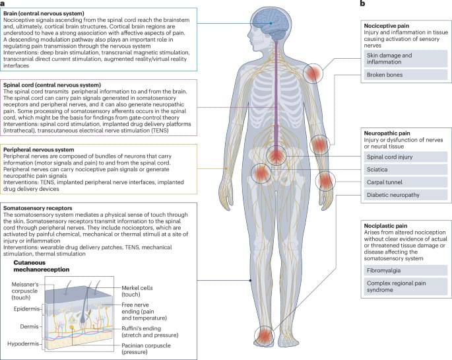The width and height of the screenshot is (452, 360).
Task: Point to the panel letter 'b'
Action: click(361, 5)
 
